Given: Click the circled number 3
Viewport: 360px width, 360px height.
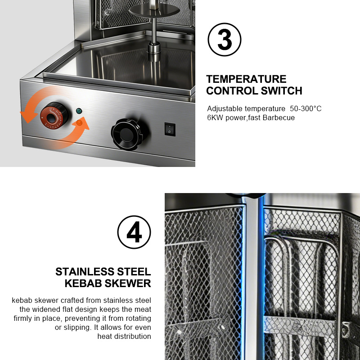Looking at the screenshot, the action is pyautogui.click(x=224, y=40).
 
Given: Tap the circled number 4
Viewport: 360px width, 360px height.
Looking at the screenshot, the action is pyautogui.click(x=134, y=232).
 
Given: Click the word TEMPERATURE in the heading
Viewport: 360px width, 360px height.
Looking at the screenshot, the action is pyautogui.click(x=246, y=79).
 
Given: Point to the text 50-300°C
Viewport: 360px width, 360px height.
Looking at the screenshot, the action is pyautogui.click(x=306, y=108).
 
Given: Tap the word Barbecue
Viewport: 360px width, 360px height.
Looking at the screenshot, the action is pyautogui.click(x=279, y=117).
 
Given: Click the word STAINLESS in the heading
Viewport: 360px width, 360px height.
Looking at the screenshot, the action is pyautogui.click(x=85, y=272).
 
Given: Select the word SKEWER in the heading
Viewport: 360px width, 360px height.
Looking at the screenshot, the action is pyautogui.click(x=130, y=283).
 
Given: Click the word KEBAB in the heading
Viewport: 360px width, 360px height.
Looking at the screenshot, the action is pyautogui.click(x=85, y=283).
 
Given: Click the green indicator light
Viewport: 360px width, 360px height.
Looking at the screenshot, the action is pyautogui.click(x=79, y=111).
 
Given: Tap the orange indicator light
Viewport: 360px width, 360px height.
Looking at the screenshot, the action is pyautogui.click(x=79, y=122).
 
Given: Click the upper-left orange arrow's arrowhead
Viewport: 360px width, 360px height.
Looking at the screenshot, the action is pyautogui.click(x=28, y=117).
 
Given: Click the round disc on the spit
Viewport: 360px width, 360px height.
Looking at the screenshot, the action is pyautogui.click(x=154, y=10).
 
